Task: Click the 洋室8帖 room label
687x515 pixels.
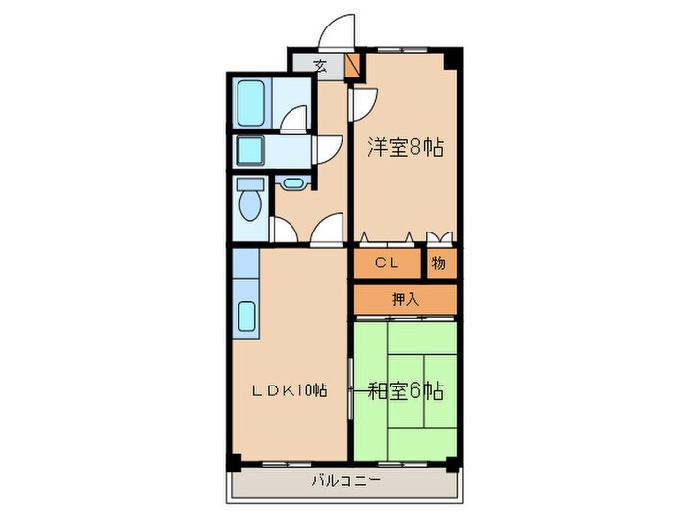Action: pyautogui.click(x=404, y=148)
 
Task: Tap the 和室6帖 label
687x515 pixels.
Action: pyautogui.click(x=406, y=390)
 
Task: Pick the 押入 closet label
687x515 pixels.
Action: pyautogui.click(x=405, y=299)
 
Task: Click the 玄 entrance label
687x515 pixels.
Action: pyautogui.click(x=320, y=66)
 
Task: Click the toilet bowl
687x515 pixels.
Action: pyautogui.click(x=250, y=206)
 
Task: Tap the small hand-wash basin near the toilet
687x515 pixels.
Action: pyautogui.click(x=291, y=182)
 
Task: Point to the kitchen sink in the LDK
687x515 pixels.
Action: pyautogui.click(x=246, y=316)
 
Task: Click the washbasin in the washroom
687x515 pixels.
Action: pyautogui.click(x=249, y=150)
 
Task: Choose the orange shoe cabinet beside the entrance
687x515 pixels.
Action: pyautogui.click(x=353, y=66)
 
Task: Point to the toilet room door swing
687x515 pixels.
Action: pyautogui.click(x=284, y=231)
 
